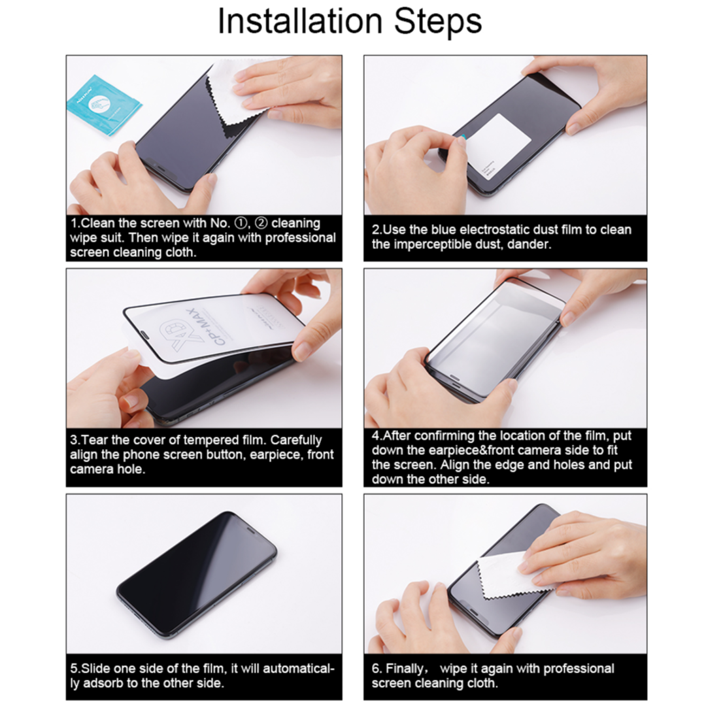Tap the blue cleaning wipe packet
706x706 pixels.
(104, 104)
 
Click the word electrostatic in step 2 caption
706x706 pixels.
(499, 230)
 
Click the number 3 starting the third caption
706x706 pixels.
(74, 440)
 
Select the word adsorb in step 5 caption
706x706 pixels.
(100, 684)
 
